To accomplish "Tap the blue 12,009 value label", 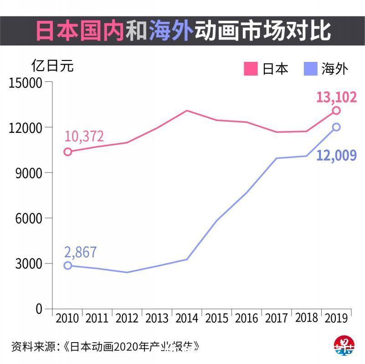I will (336, 156).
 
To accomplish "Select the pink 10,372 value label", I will (84, 136).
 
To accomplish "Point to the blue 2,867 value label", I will (81, 252).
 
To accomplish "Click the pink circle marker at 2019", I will (336, 111).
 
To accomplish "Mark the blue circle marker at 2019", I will (336, 127).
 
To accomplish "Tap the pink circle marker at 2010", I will (68, 152).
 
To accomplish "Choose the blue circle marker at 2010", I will (68, 265).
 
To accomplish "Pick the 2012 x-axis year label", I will (127, 318).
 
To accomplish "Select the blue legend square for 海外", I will (310, 69).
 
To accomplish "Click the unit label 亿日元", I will (52, 66).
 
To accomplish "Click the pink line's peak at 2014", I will (187, 111).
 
